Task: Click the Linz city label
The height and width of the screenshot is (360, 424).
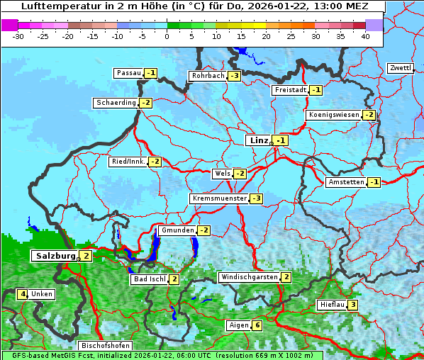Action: [258, 140]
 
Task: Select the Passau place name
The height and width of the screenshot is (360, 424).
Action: [128, 73]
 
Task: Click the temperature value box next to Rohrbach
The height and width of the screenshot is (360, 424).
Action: [235, 76]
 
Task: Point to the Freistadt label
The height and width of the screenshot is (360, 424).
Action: [289, 90]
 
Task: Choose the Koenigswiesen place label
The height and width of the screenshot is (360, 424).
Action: [333, 115]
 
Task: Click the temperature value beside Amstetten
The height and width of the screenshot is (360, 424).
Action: [374, 182]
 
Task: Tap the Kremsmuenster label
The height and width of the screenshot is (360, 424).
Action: [218, 198]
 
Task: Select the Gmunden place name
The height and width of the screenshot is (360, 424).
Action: [177, 230]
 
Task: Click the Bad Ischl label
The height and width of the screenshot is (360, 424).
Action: [150, 279]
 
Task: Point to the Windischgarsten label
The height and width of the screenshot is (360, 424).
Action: [249, 277]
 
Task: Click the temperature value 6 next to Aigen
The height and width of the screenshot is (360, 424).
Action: [257, 325]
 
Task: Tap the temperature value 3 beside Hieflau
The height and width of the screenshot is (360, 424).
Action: [352, 305]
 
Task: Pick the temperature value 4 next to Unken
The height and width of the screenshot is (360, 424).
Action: [23, 294]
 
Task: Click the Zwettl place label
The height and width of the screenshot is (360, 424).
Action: [400, 68]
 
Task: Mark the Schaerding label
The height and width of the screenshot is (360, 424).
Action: [116, 103]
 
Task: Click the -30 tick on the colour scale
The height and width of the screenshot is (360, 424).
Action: [18, 36]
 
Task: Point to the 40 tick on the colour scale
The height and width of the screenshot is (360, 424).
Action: [365, 36]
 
